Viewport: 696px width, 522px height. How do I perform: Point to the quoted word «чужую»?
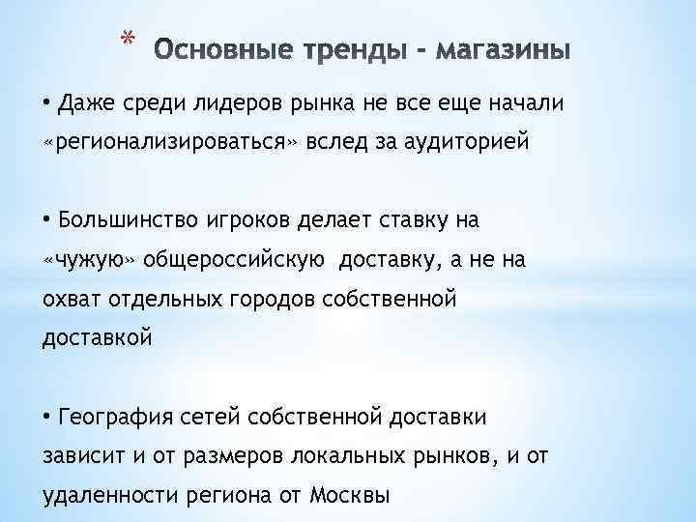(x=93, y=261)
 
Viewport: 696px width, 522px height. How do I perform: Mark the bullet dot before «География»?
(x=48, y=418)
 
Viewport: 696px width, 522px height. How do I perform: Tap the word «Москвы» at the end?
(x=351, y=497)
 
